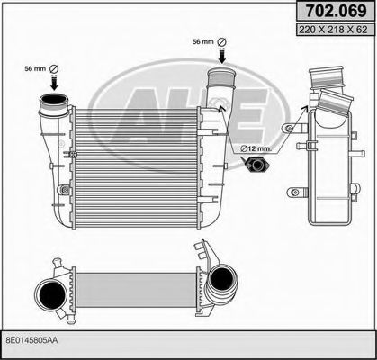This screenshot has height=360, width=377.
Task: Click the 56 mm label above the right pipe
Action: click(204, 41)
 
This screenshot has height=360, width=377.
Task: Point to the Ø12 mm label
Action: click(255, 147)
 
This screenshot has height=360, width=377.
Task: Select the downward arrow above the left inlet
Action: click(53, 84)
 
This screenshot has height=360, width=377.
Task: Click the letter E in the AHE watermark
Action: click(243, 107)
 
